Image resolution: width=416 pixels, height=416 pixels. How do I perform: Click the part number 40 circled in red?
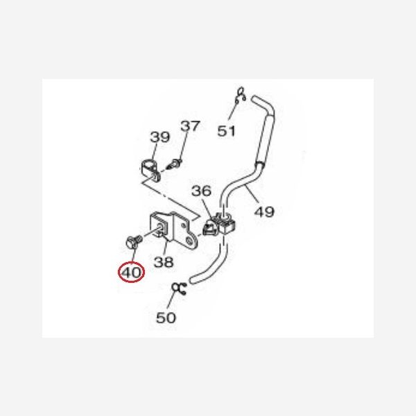pos(131,272)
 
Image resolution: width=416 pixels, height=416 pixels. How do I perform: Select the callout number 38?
pos(164,262)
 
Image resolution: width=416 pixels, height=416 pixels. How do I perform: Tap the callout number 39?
pos(159,137)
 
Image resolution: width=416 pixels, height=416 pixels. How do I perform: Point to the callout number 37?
pos(190,126)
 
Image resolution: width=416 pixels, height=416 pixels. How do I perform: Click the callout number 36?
pos(201,191)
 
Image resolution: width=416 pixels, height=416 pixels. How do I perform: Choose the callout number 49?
pos(264,211)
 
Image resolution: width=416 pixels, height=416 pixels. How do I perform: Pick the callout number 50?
pos(166,318)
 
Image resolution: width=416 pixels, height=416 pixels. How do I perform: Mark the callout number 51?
pos(226,131)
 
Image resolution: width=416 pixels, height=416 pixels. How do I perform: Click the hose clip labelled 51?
pos(241,96)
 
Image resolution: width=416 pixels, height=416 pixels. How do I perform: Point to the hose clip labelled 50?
pos(180,288)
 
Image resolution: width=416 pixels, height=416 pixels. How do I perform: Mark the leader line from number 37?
pos(184,146)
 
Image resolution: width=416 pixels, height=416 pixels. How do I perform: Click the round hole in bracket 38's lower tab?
pos(189,241)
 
